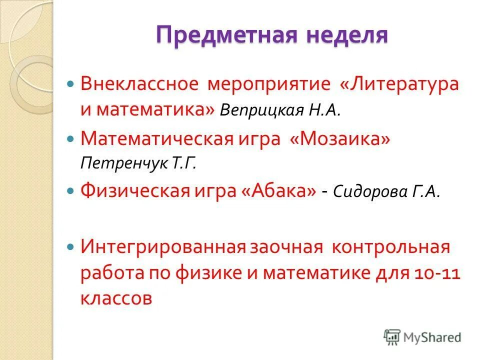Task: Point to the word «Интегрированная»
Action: click(x=163, y=246)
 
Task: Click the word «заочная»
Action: click(x=281, y=246)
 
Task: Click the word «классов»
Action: click(x=115, y=298)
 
